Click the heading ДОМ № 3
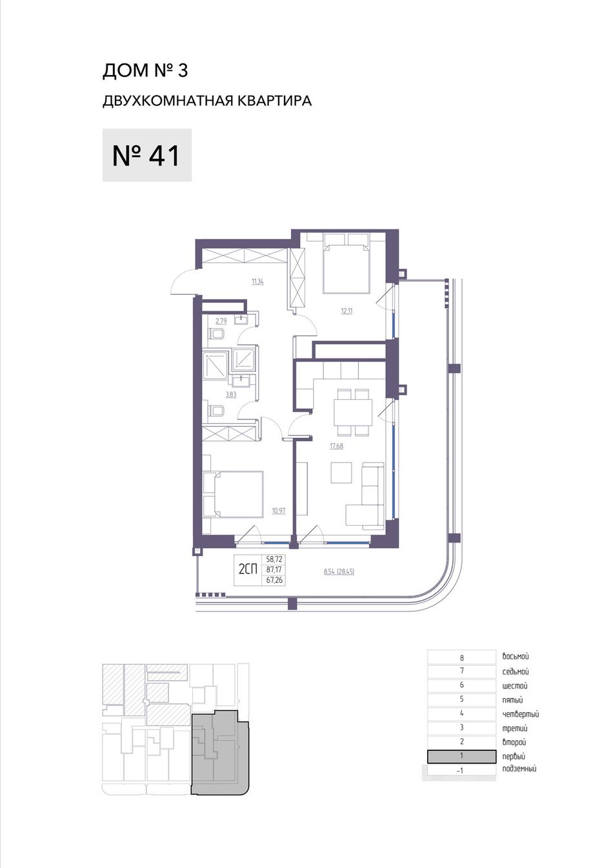click(145, 71)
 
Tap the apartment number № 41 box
click(146, 155)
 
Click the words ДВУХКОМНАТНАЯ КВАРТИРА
click(207, 101)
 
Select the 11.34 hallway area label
click(257, 282)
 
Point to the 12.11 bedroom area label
click(347, 311)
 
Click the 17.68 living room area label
click(337, 446)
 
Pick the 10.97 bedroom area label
click(279, 511)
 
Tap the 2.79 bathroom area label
click(221, 321)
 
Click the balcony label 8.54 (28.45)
click(339, 572)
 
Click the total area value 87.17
click(274, 570)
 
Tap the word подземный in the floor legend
click(519, 769)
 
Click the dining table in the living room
click(353, 412)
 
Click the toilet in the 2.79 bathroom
click(216, 334)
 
